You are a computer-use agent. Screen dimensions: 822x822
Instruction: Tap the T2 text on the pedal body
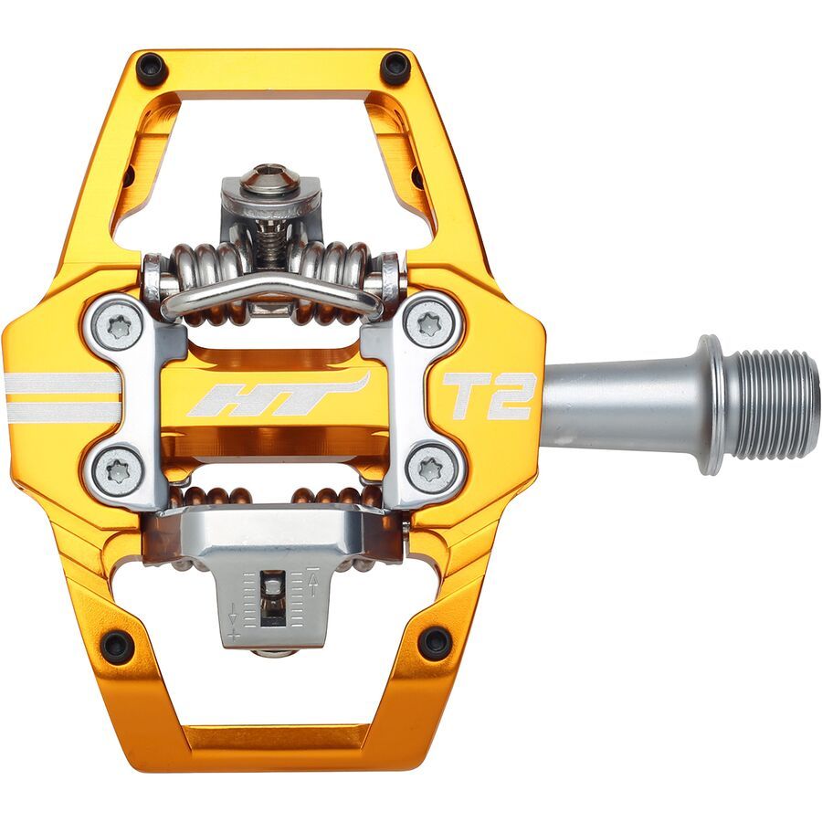[x=488, y=395]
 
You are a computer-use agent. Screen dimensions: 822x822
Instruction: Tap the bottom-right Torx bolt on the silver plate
[x=432, y=469]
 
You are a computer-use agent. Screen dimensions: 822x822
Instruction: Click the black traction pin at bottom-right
[x=435, y=642]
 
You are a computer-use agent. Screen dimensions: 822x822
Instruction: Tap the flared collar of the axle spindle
[x=711, y=404]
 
